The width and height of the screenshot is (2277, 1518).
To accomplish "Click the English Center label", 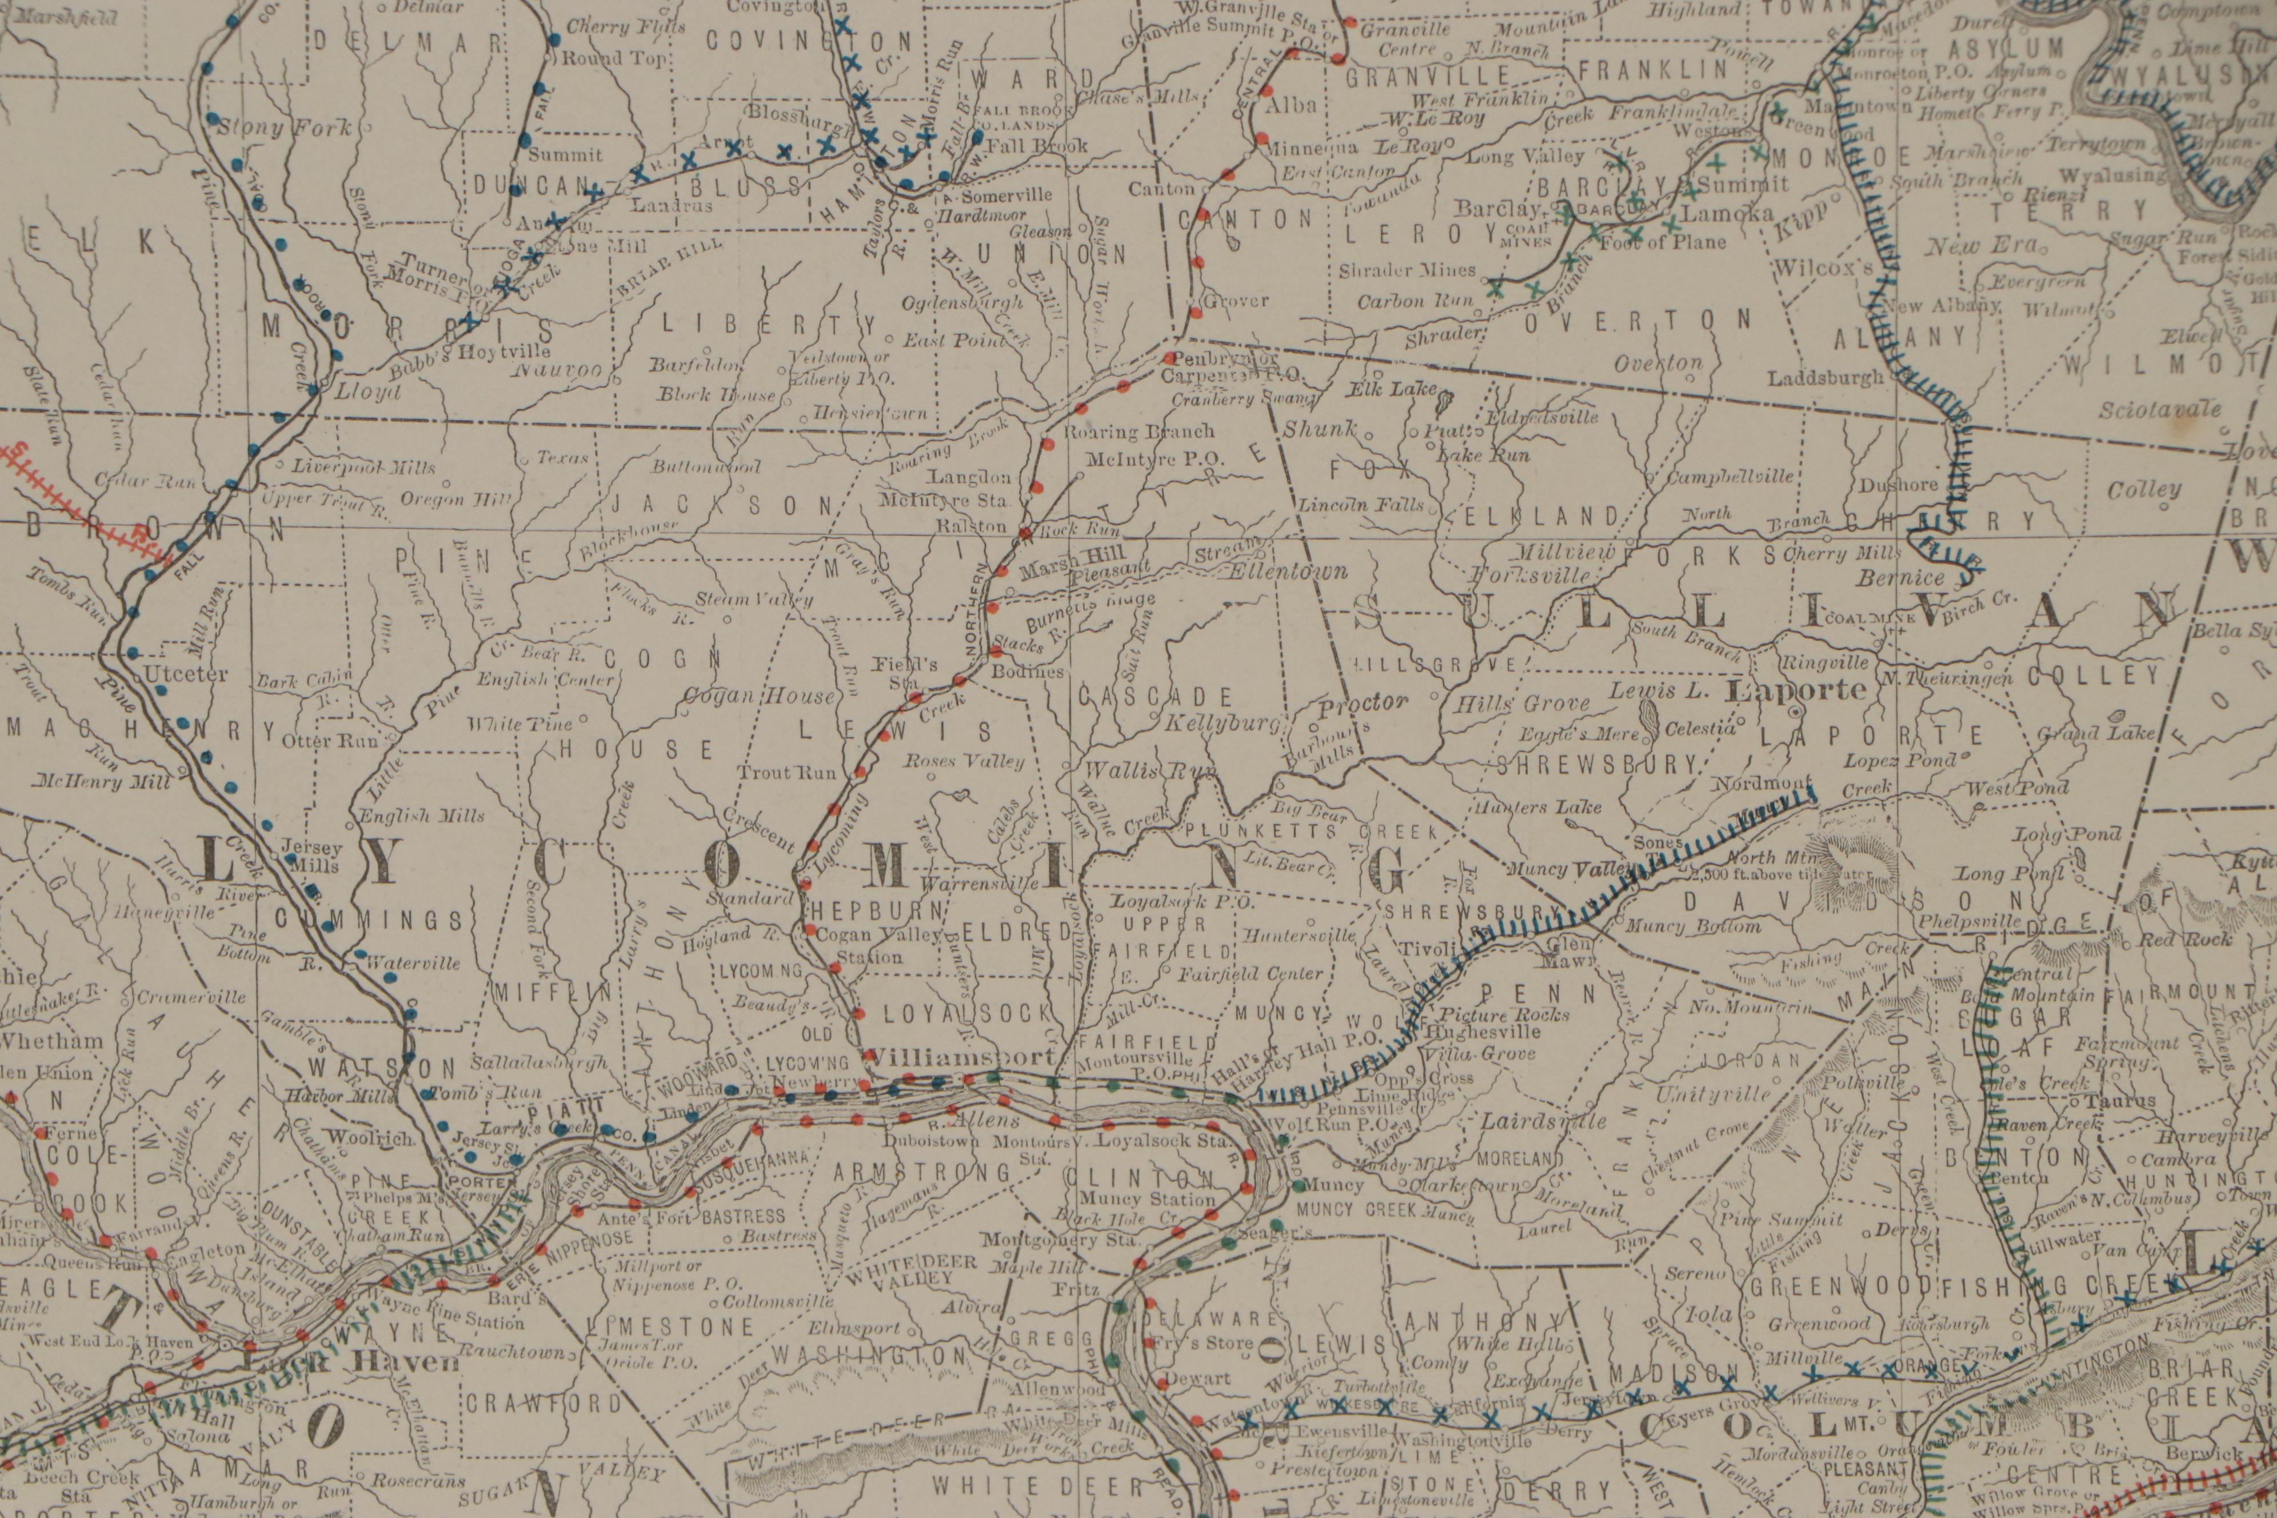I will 545,680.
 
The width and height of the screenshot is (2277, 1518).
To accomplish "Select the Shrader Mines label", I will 1407,270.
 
